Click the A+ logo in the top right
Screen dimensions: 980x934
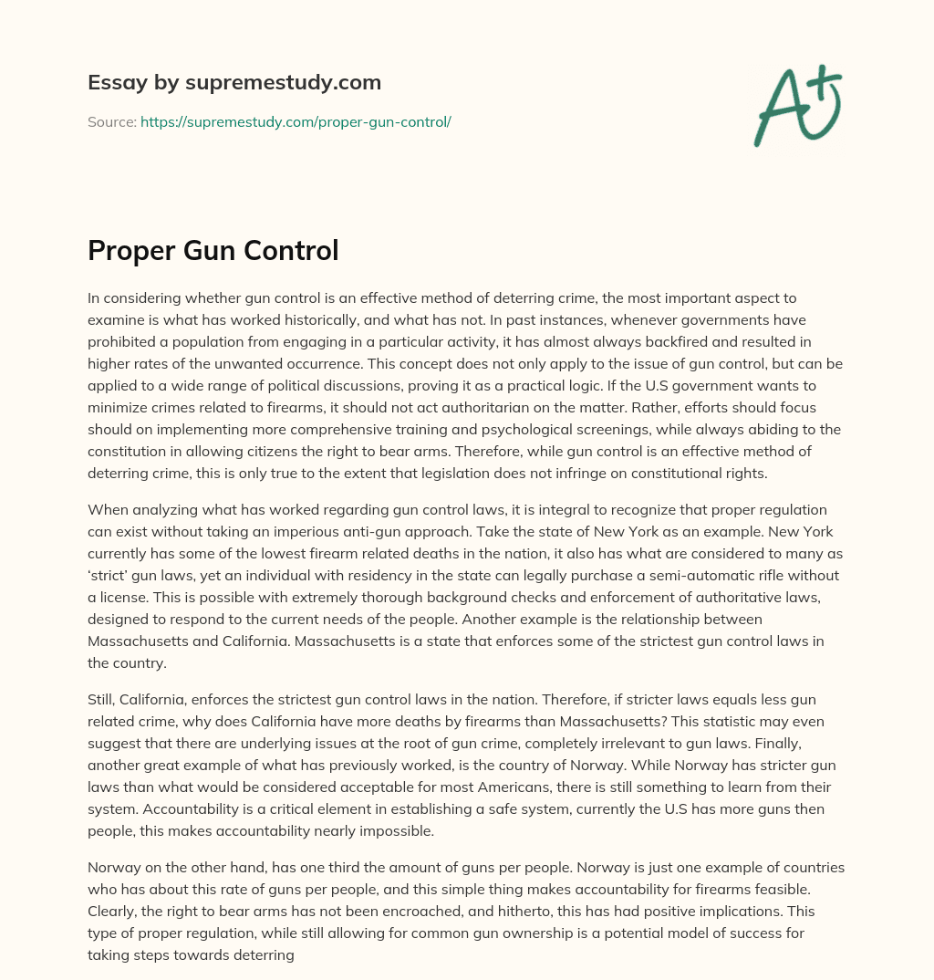[796, 106]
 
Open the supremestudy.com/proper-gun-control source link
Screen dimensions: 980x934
[296, 121]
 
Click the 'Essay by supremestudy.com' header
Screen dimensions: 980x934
[234, 83]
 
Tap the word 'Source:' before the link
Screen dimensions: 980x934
[112, 121]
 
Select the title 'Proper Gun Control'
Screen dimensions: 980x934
[213, 251]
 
